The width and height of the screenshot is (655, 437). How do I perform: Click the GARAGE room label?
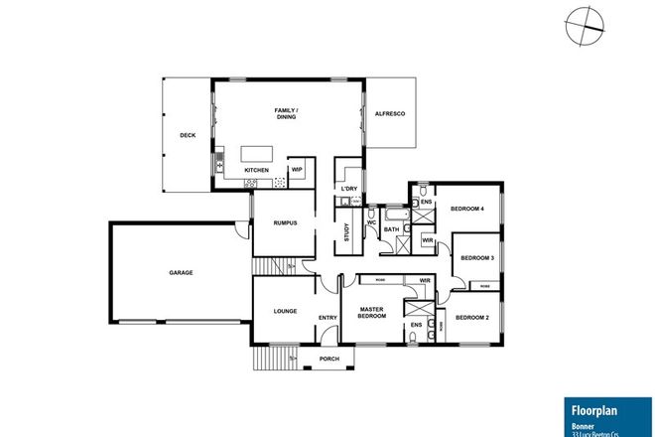(x=181, y=272)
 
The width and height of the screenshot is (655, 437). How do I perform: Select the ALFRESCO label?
(x=389, y=115)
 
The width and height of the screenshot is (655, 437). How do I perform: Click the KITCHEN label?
(x=257, y=171)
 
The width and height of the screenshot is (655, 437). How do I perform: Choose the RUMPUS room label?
(x=286, y=222)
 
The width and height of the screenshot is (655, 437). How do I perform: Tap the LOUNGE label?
(x=286, y=311)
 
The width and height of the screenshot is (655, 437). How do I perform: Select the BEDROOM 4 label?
(x=466, y=208)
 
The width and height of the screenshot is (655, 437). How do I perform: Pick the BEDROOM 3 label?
(x=476, y=257)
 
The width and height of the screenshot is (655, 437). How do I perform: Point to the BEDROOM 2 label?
(x=472, y=317)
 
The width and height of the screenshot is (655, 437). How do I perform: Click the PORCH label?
(x=327, y=359)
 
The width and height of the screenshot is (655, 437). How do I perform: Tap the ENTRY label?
(x=327, y=318)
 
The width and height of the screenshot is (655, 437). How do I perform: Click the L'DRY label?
(x=348, y=189)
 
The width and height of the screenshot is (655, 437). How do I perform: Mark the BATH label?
(x=391, y=230)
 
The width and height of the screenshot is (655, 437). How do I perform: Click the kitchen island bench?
(x=255, y=154)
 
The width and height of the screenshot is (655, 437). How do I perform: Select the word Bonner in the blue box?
(x=583, y=422)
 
